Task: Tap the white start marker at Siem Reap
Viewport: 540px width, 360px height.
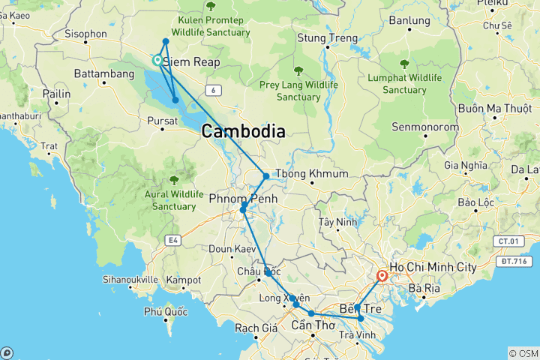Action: click(157, 60)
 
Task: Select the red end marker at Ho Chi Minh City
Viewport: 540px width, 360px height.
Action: click(382, 275)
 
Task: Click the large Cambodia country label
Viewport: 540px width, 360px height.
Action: click(242, 132)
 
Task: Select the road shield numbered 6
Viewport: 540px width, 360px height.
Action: click(215, 90)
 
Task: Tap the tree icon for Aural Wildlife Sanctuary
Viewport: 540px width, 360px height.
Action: click(174, 180)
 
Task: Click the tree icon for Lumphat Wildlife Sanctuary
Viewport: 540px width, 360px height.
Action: click(405, 64)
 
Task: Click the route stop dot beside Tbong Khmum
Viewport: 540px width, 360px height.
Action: click(266, 176)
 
